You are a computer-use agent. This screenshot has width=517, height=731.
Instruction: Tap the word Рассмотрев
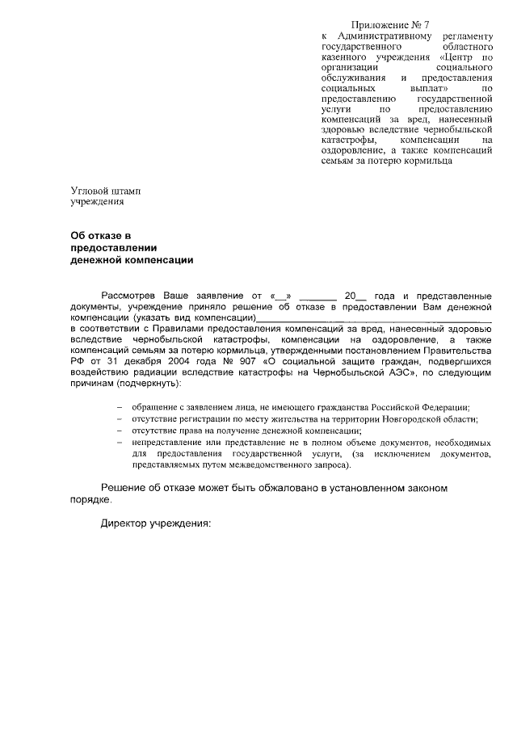click(x=128, y=296)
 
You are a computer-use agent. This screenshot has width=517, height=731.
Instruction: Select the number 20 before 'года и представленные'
click(x=350, y=296)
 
